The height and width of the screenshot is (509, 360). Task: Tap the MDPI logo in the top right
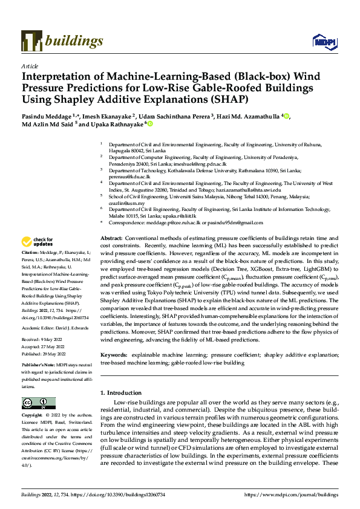coord(324,41)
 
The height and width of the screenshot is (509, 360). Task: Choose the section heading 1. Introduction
coord(123,394)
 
